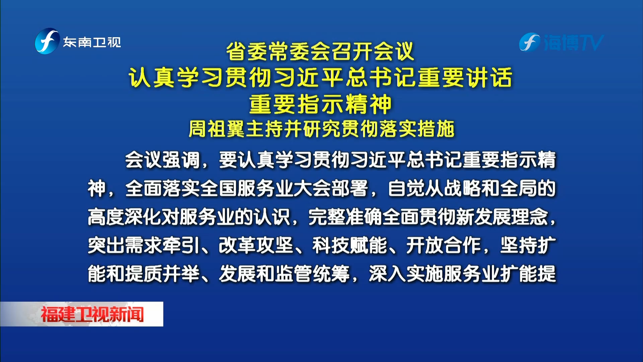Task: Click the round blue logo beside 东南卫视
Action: point(47,41)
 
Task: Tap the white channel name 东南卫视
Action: point(92,42)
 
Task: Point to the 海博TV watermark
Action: point(561,43)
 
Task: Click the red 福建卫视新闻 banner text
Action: point(92,314)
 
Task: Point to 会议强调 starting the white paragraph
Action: point(162,160)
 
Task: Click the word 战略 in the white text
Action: point(462,188)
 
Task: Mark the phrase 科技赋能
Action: point(350,245)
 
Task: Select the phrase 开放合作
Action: point(444,245)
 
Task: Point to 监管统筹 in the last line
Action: point(312,274)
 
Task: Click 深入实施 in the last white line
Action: point(406,274)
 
